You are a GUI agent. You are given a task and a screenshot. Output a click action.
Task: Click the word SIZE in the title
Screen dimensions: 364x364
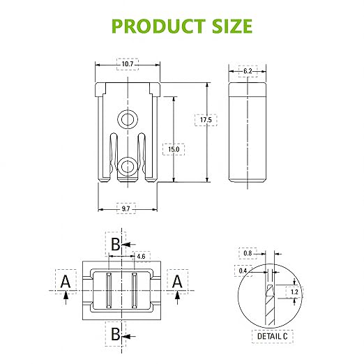(228, 26)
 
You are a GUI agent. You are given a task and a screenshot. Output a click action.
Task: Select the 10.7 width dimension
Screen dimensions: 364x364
(127, 64)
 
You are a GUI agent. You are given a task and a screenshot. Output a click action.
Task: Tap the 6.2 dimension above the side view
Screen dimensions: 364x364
(248, 71)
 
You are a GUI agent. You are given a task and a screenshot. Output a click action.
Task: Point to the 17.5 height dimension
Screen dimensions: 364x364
(205, 121)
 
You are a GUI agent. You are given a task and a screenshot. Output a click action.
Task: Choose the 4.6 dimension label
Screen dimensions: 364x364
(142, 256)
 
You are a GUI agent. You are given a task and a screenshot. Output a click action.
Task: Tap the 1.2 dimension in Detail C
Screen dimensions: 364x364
(294, 293)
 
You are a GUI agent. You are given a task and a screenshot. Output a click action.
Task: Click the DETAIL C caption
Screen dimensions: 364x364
(271, 336)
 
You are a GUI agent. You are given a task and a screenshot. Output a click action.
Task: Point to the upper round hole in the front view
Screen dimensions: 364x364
(127, 119)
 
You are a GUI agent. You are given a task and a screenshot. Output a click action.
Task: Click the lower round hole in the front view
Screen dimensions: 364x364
(127, 166)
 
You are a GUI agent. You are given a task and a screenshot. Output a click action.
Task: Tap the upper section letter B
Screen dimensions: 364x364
(116, 243)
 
